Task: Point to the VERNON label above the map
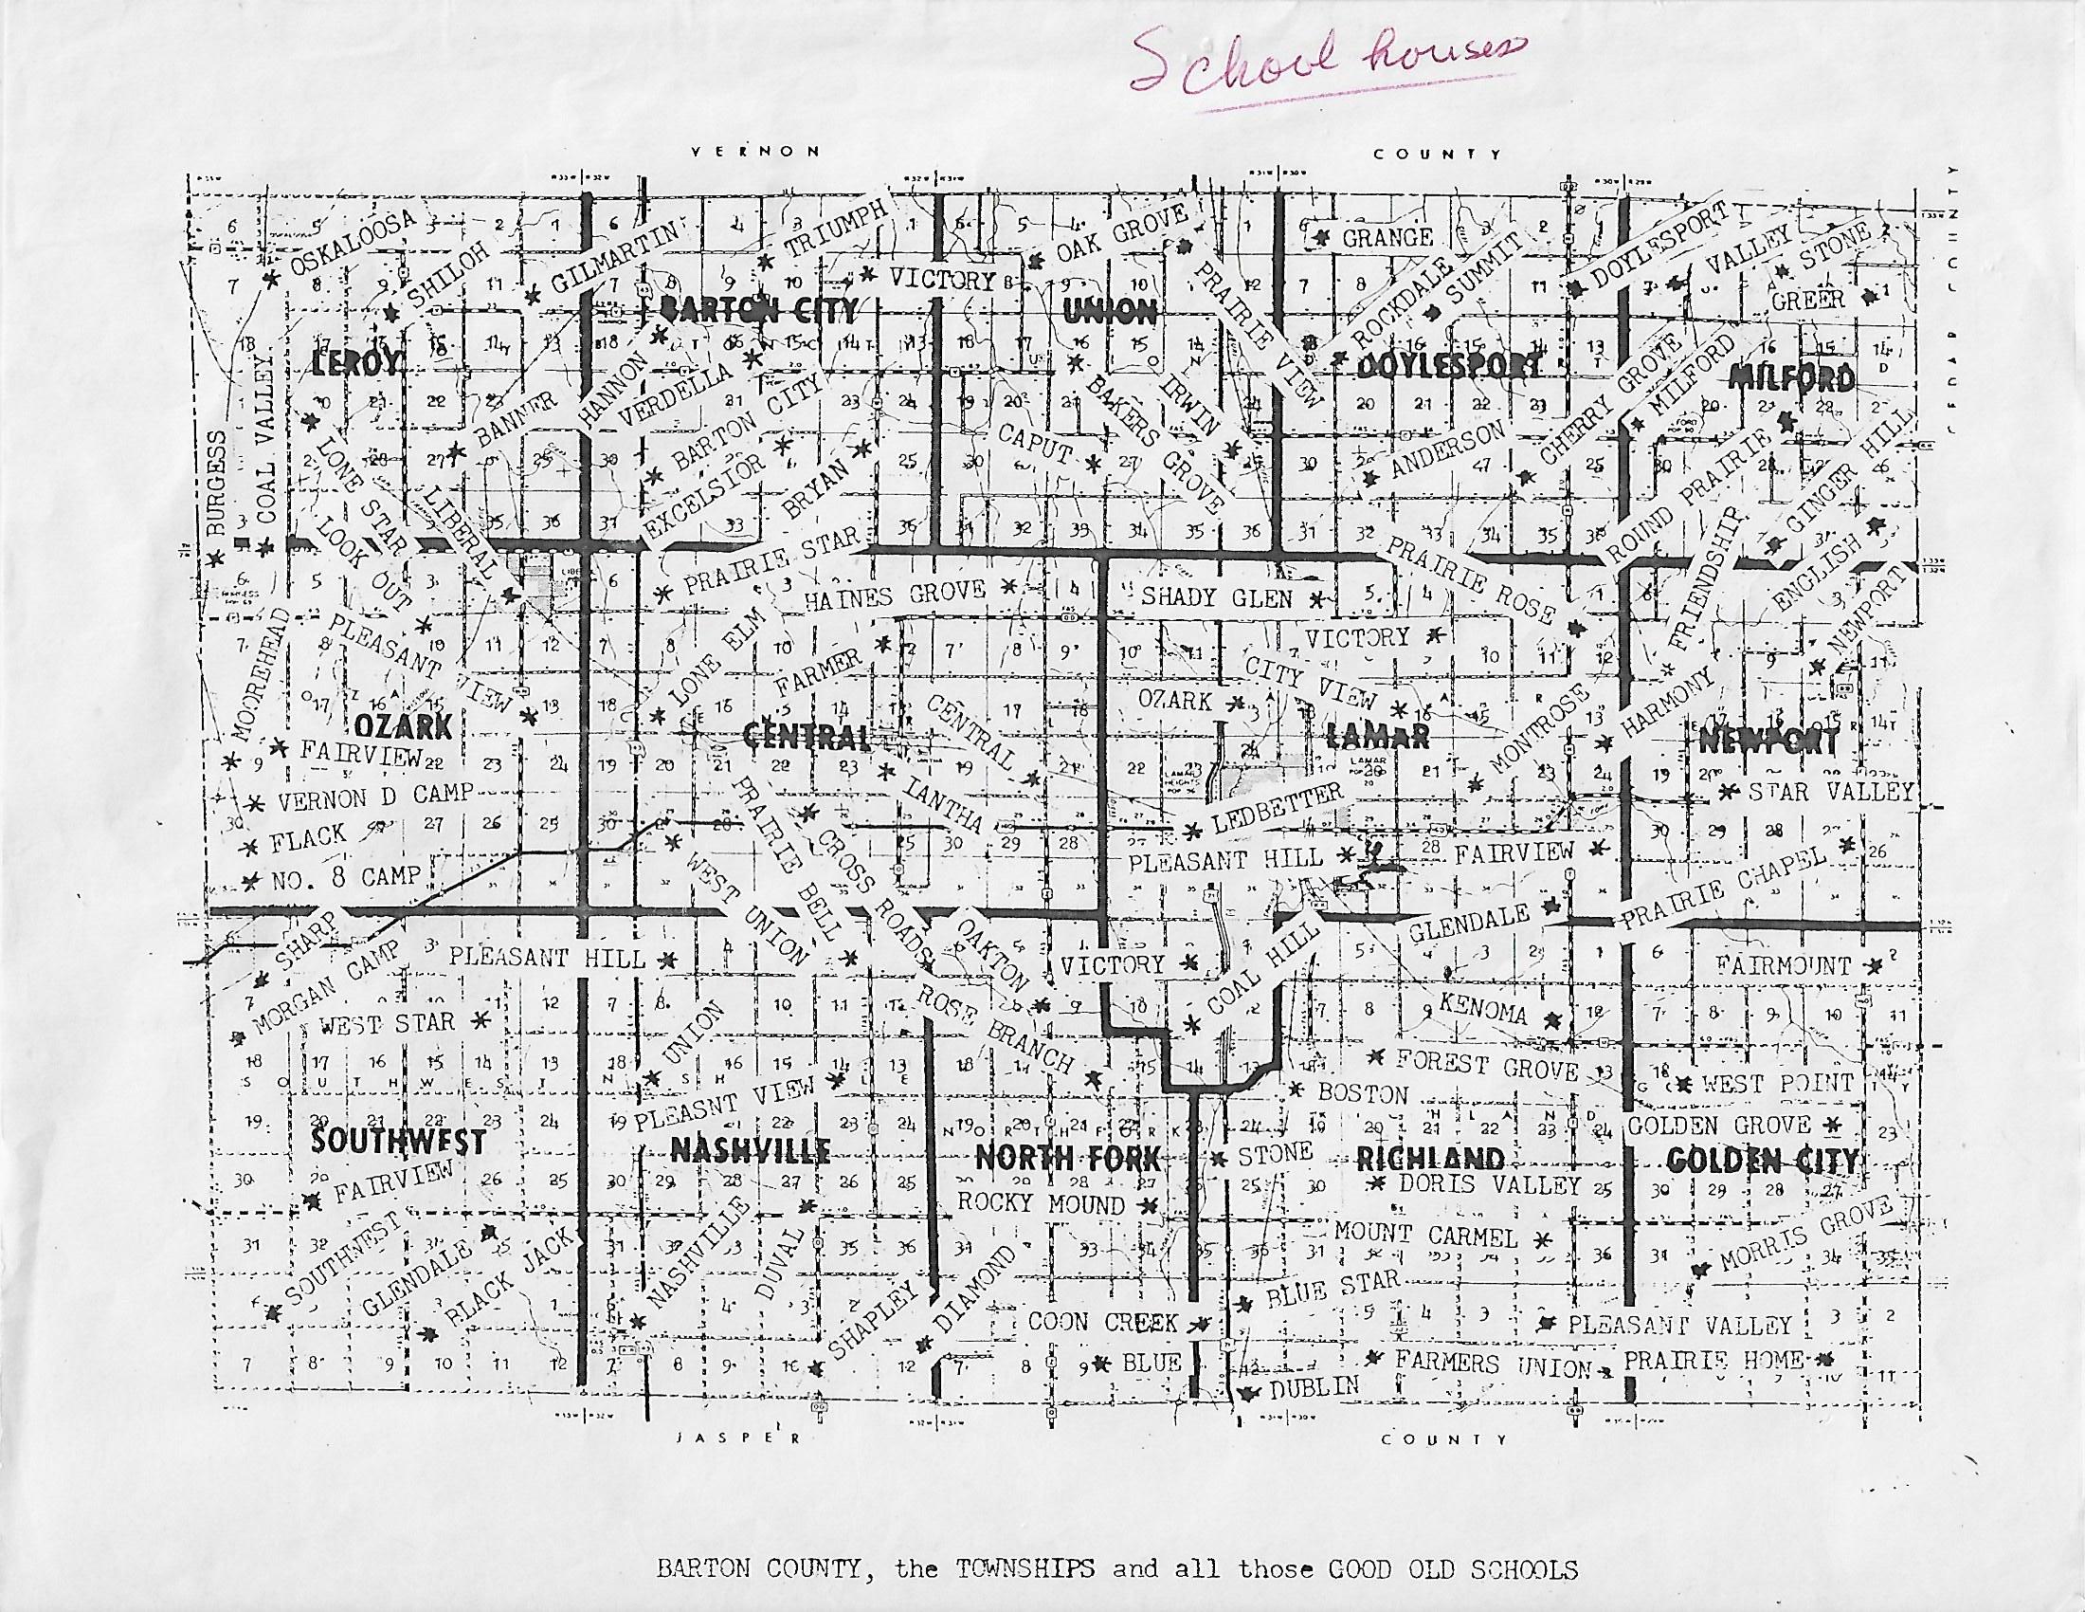tap(754, 151)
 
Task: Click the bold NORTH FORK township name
tap(1066, 1159)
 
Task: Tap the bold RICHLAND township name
tap(1430, 1160)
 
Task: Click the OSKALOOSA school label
tap(354, 244)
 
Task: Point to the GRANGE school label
tap(1387, 238)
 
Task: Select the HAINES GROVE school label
tap(895, 595)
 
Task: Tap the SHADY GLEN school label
tap(1217, 597)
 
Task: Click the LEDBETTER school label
tap(1277, 808)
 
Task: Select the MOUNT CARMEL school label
tap(1424, 1235)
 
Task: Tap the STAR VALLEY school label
tap(1830, 792)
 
